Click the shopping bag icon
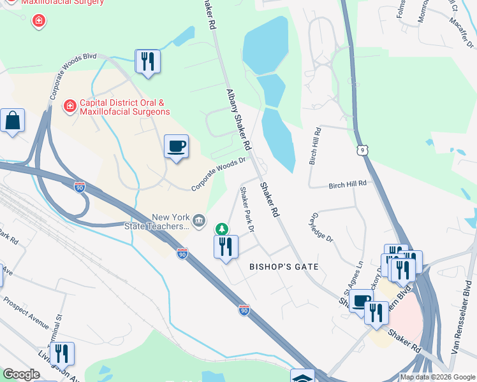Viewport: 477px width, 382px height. click(x=12, y=120)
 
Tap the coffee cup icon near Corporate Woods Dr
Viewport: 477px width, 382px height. click(x=176, y=147)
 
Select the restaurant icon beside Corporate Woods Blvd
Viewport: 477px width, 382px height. click(x=148, y=62)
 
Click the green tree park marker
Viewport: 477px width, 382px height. click(x=221, y=229)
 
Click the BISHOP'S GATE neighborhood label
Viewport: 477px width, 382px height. click(x=283, y=266)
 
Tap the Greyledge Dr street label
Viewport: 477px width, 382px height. click(x=321, y=227)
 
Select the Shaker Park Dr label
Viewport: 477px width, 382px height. click(x=247, y=208)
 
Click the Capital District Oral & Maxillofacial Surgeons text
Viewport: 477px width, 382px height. click(x=124, y=107)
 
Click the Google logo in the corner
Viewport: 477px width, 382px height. click(x=21, y=374)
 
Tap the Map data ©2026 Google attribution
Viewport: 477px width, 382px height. click(x=437, y=377)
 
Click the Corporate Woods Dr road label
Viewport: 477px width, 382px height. click(x=219, y=174)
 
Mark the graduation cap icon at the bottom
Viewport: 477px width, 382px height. click(x=302, y=377)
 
